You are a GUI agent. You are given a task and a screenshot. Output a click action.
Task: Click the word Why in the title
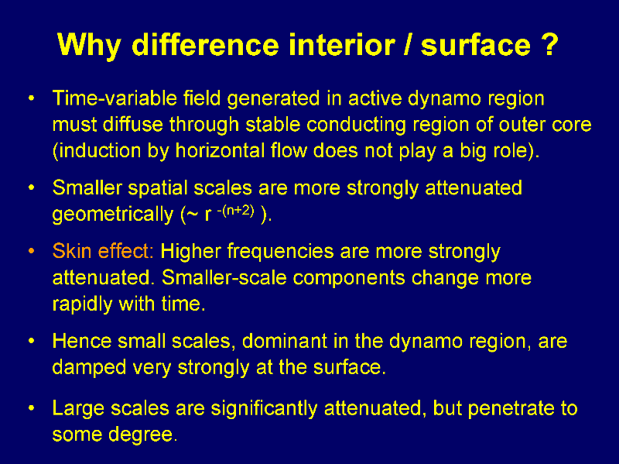(x=89, y=46)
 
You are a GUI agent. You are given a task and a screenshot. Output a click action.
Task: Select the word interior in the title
(x=342, y=44)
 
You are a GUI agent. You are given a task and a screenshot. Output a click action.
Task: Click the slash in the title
(x=408, y=45)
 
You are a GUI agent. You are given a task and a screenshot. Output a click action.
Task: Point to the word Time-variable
(x=115, y=98)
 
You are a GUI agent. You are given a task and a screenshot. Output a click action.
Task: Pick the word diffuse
(x=132, y=124)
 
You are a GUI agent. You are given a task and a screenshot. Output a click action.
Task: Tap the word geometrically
(x=113, y=215)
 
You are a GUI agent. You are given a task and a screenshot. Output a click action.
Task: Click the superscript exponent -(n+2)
(x=236, y=210)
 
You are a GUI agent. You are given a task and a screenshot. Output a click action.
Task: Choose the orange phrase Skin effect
(x=103, y=251)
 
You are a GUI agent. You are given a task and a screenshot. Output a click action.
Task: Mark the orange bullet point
(x=32, y=252)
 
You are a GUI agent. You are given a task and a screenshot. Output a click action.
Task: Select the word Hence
(x=82, y=341)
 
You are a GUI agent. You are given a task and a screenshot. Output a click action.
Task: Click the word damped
(x=89, y=368)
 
